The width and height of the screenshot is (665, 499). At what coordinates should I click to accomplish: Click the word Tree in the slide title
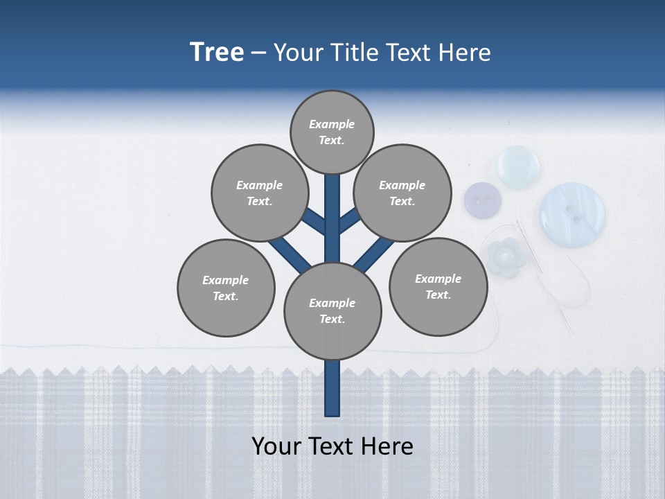click(x=217, y=53)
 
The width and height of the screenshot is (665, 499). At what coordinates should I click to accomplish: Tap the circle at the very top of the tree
click(x=332, y=132)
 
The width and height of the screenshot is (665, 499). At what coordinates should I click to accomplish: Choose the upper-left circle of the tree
click(x=259, y=193)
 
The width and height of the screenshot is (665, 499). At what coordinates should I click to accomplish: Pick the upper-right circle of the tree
click(x=402, y=193)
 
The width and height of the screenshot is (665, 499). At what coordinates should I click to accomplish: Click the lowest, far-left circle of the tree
click(x=226, y=288)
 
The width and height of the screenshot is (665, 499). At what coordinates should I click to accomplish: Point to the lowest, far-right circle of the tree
click(x=438, y=286)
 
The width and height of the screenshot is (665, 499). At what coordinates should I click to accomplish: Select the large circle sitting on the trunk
click(x=332, y=310)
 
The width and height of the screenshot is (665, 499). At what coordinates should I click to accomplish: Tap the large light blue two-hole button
click(x=572, y=214)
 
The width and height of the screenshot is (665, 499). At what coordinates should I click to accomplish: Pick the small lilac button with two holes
click(x=482, y=201)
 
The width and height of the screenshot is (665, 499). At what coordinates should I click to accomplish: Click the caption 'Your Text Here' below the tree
click(x=332, y=446)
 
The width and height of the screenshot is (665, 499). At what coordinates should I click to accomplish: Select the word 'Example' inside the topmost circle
click(x=332, y=124)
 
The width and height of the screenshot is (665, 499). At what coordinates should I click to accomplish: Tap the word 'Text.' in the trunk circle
click(x=332, y=319)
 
